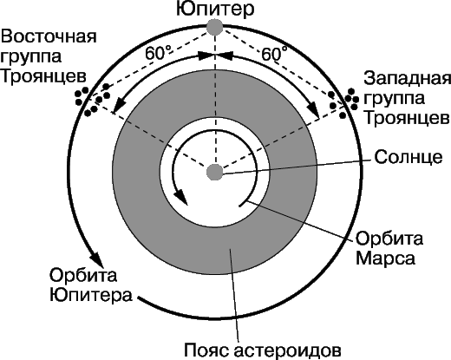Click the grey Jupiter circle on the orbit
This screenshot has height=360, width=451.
tap(214, 27)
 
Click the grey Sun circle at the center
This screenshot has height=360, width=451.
tap(215, 173)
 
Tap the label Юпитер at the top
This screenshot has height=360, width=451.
tap(215, 10)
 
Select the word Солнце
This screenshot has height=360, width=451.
tap(409, 157)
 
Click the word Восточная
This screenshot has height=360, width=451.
tap(49, 36)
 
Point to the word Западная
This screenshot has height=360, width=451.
tap(407, 79)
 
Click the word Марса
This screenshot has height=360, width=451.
tap(385, 258)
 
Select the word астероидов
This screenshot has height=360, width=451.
tap(287, 350)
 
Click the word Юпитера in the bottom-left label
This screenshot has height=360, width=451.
tap(91, 295)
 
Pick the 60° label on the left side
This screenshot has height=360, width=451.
tap(159, 53)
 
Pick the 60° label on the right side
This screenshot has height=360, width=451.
tap(274, 53)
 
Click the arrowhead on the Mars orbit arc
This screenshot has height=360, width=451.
tap(181, 197)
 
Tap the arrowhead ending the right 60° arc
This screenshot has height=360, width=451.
tap(312, 108)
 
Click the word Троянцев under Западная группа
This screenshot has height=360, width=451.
tap(407, 119)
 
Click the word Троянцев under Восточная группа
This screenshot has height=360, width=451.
tap(43, 76)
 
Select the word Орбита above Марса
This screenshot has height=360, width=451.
tap(389, 239)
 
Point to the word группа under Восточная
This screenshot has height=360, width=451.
tap(31, 56)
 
